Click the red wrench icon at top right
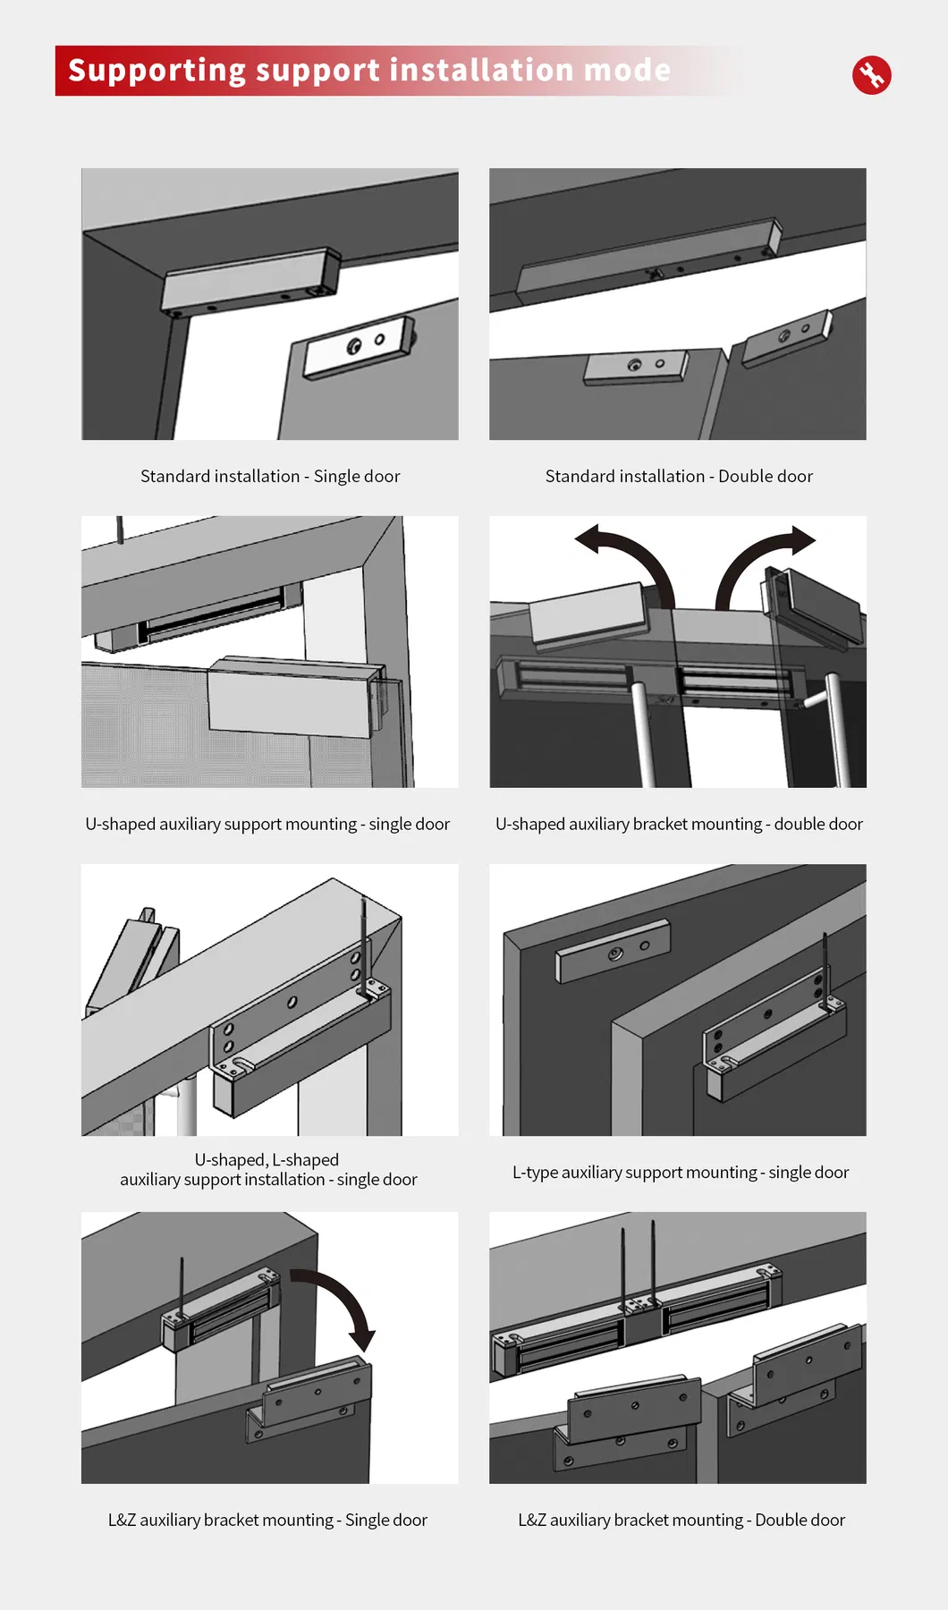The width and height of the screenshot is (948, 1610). (x=871, y=75)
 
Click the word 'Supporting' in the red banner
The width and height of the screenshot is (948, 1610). (x=157, y=71)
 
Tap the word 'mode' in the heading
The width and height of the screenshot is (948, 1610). (x=627, y=71)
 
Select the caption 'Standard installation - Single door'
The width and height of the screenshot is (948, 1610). (x=270, y=477)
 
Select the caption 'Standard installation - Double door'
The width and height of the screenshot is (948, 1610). (x=679, y=477)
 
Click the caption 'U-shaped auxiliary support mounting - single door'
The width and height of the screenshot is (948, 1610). (x=267, y=825)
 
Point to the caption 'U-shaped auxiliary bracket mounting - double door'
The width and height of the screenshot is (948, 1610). (x=679, y=825)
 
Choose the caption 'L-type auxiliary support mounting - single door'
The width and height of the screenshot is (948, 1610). (x=681, y=1173)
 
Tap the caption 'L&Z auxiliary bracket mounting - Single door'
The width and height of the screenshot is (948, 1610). (x=267, y=1521)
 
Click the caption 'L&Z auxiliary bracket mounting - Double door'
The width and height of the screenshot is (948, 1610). (x=681, y=1521)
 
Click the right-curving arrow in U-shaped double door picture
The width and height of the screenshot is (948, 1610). (x=760, y=559)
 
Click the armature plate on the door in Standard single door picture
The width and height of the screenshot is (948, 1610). (x=358, y=347)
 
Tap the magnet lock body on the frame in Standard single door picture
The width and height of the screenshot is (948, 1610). (x=250, y=280)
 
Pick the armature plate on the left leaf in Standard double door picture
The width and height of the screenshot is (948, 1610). (x=636, y=367)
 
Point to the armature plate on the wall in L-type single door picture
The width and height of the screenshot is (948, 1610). (x=612, y=953)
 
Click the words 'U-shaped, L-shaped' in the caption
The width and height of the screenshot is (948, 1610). (x=267, y=1160)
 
